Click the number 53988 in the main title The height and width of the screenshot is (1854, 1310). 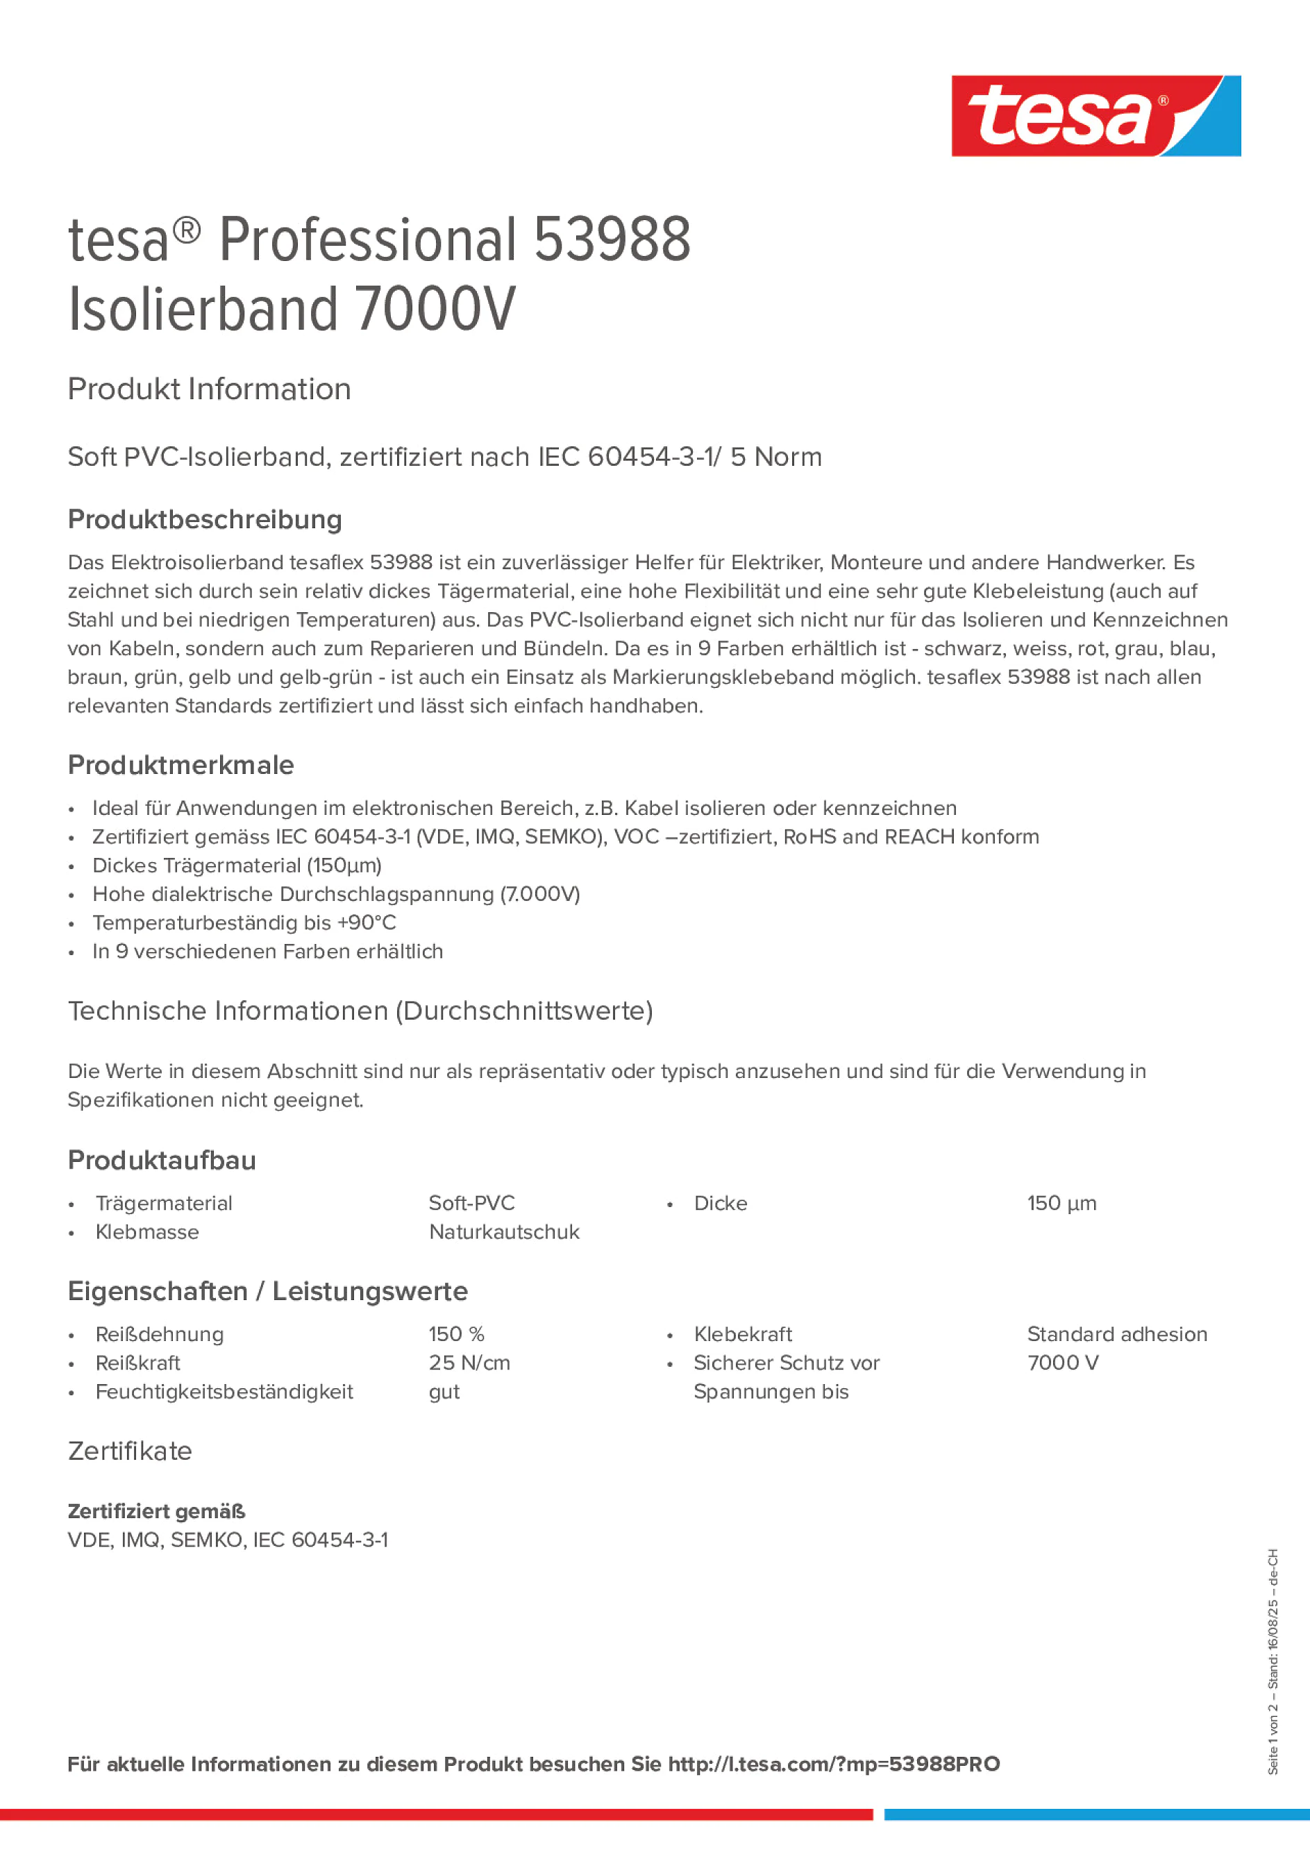(x=612, y=240)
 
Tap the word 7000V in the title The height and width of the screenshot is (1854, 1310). (x=435, y=310)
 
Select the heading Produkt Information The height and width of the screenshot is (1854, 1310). (x=209, y=389)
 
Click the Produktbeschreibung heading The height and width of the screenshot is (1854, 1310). (x=205, y=519)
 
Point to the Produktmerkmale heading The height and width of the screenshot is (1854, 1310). (x=181, y=765)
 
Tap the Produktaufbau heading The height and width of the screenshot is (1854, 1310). (x=162, y=1160)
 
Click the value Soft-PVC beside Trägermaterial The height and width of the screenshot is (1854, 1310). (x=471, y=1203)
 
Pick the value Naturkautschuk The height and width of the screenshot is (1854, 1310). (x=504, y=1231)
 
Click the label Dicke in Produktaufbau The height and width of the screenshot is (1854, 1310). (x=721, y=1203)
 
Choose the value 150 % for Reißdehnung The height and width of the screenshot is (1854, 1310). (x=456, y=1334)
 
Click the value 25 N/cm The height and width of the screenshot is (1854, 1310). (x=469, y=1363)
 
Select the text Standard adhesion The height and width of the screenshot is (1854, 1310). (x=1117, y=1334)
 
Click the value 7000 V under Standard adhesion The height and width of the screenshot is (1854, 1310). (x=1063, y=1363)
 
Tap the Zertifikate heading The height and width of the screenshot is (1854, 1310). (x=130, y=1451)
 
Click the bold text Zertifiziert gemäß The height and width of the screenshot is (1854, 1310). (x=157, y=1511)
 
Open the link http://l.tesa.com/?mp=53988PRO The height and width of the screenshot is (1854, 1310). (x=834, y=1764)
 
